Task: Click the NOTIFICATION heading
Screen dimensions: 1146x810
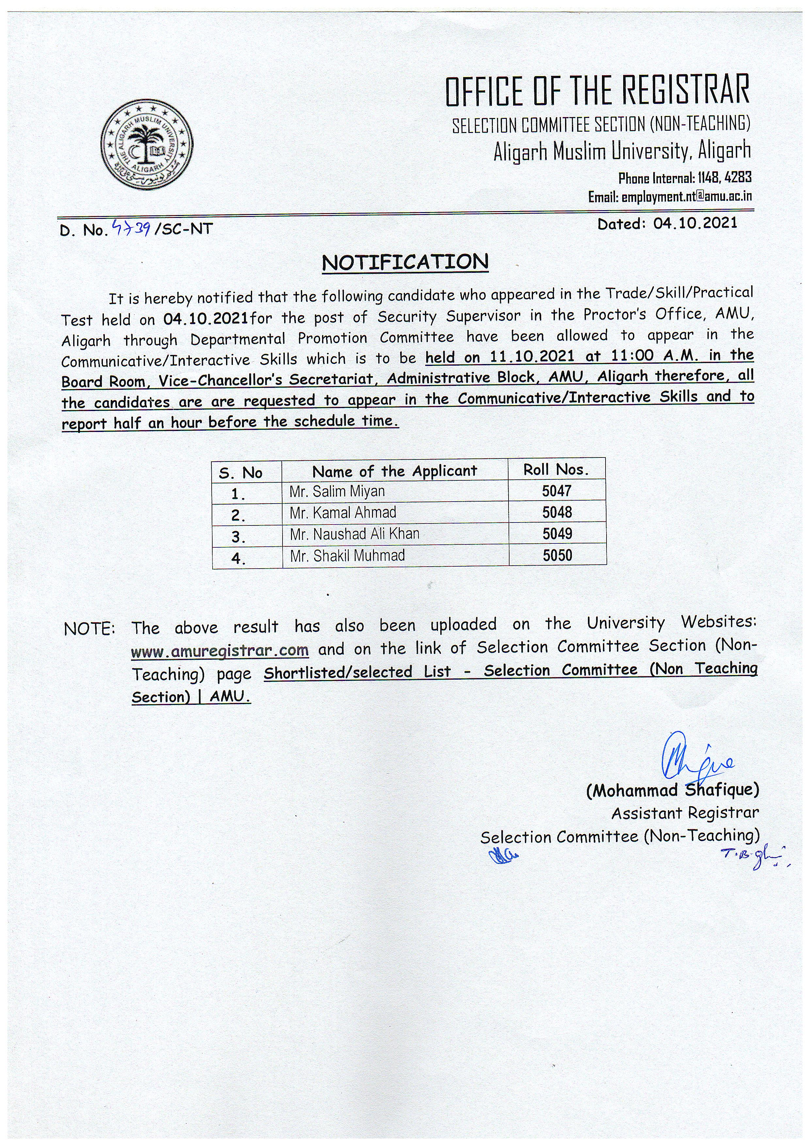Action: (x=405, y=262)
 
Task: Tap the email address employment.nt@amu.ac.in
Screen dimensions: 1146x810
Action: (x=686, y=197)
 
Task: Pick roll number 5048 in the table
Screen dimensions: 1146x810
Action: (x=557, y=513)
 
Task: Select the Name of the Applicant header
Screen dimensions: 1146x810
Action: (x=395, y=471)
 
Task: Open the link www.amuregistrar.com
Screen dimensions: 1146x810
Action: (x=220, y=650)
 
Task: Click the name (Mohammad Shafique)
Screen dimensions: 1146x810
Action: (x=672, y=790)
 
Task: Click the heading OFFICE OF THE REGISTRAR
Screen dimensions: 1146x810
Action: (x=597, y=90)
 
